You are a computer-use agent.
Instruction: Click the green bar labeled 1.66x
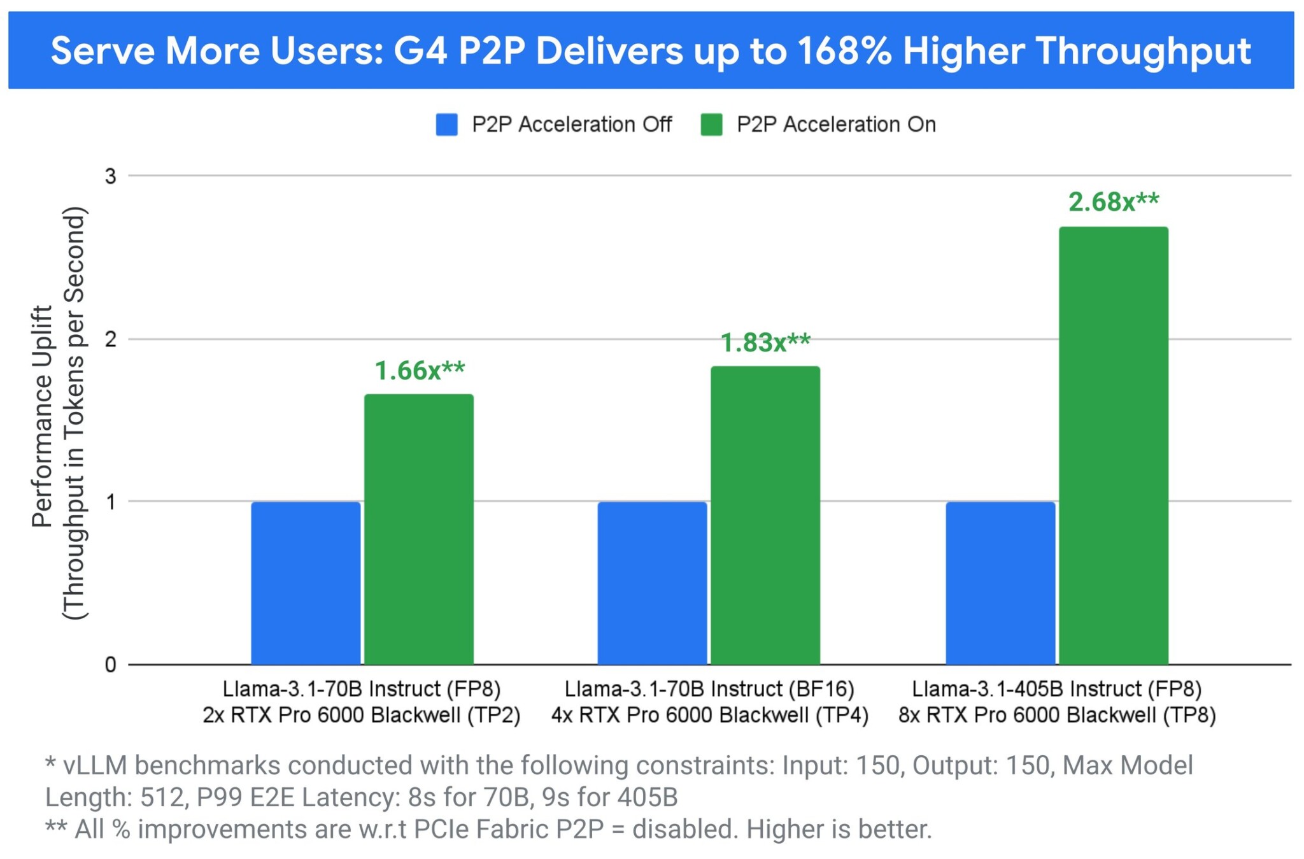419,529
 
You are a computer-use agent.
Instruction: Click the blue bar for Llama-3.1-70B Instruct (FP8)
306,583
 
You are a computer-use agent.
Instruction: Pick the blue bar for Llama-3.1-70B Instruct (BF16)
652,583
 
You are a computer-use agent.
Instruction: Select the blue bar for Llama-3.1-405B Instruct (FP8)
1000,583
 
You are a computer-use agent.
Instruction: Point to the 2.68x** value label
1114,202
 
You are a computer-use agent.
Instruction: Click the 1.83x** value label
765,343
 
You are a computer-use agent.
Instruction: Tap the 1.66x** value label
420,371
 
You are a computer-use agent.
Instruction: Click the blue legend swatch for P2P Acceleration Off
447,125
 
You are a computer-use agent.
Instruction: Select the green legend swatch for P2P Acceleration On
711,125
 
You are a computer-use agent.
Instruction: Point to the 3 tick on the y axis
111,176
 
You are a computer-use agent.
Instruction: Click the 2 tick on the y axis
111,339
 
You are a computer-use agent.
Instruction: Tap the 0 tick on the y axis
111,665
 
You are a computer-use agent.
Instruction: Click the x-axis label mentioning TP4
710,715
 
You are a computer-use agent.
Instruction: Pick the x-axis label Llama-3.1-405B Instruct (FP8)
1057,689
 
